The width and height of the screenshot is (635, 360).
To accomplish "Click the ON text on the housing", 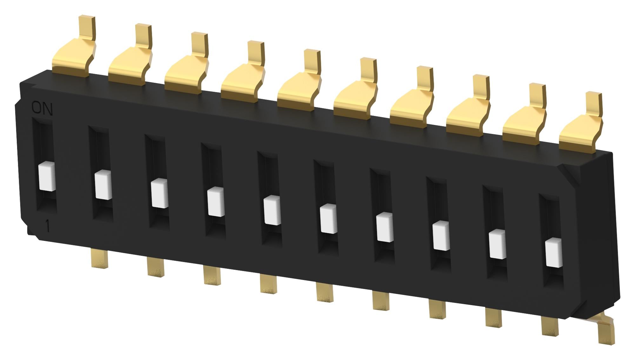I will pos(42,109).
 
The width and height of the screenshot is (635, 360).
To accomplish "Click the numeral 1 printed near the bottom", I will pos(48,227).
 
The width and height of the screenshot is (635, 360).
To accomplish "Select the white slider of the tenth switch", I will pos(554,253).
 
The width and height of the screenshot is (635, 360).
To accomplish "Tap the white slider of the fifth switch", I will pos(272,210).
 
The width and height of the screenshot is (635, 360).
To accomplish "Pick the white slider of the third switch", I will pos(159,193).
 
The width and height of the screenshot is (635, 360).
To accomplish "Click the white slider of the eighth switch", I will pos(441,236).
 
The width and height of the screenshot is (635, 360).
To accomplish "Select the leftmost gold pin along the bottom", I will pos(99,258).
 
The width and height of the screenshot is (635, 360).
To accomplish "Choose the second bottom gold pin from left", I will pos(156,267).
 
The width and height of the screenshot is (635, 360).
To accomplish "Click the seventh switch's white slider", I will pos(385,227).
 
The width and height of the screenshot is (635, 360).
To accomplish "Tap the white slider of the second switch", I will pos(103,185).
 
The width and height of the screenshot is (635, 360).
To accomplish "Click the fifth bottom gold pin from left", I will pos(324,292).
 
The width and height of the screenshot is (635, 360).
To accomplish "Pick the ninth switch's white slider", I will pos(497,244).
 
